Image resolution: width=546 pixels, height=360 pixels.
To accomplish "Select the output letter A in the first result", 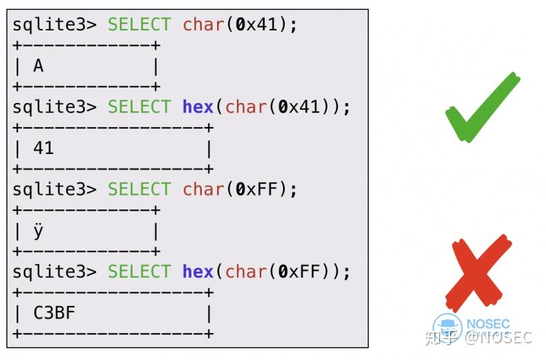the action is [38, 66].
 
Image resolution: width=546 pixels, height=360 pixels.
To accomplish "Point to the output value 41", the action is [44, 148].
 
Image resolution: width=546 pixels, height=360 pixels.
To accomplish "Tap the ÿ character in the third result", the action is [38, 231].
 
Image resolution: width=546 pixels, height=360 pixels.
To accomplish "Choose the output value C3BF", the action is [55, 312].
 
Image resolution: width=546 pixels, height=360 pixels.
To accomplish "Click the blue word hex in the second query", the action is [198, 106].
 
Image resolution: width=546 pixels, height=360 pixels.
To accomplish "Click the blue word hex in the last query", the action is [198, 272].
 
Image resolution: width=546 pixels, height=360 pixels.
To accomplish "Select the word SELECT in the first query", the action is [140, 25].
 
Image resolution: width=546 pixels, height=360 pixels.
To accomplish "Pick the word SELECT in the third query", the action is [140, 189].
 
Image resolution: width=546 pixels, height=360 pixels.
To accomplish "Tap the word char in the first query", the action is [203, 25].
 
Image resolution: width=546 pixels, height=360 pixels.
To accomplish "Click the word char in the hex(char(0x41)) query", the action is [246, 106].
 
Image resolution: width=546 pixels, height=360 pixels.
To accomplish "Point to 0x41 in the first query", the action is [256, 25].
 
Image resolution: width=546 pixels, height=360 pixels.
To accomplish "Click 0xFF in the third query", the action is [256, 189].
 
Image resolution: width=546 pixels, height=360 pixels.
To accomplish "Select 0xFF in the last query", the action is [299, 272].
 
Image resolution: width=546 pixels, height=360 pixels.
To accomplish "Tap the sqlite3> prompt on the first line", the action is [55, 25].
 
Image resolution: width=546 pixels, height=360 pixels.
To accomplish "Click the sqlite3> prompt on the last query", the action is [55, 272].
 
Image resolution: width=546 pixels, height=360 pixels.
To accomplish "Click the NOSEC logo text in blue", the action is [488, 324].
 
